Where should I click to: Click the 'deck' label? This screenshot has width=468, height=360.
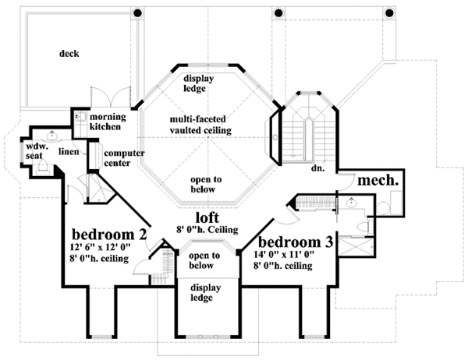(x=72, y=54)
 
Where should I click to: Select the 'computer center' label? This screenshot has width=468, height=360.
(x=122, y=158)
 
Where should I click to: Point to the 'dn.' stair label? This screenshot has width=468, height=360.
(x=318, y=167)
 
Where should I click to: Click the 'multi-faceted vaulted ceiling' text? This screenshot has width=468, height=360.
(x=202, y=125)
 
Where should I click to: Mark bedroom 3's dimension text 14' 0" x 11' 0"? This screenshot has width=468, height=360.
(x=290, y=256)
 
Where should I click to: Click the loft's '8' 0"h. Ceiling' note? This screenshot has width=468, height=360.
(x=207, y=231)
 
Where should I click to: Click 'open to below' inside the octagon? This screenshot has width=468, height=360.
(x=206, y=184)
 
